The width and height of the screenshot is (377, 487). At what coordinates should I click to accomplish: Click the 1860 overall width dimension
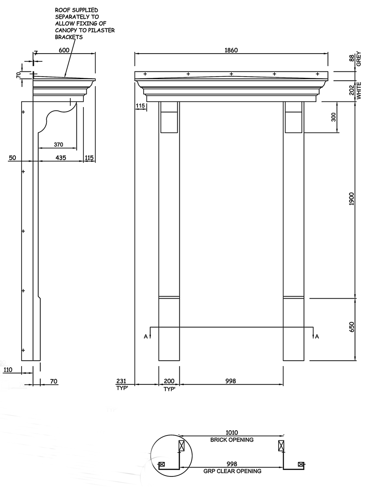[x=231, y=50]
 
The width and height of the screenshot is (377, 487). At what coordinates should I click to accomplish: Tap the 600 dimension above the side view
[x=64, y=50]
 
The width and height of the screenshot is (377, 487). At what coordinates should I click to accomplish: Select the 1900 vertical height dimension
[x=352, y=199]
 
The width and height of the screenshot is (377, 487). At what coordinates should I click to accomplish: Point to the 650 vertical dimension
[x=352, y=327]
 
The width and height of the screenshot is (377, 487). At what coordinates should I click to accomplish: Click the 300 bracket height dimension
[x=333, y=117]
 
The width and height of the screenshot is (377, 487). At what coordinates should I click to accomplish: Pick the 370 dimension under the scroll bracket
[x=59, y=144]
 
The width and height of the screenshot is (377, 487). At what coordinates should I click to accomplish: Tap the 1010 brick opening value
[x=231, y=433]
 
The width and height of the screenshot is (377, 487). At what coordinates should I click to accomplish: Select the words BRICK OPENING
[x=232, y=440]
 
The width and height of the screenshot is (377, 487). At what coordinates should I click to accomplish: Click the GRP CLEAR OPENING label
[x=232, y=471]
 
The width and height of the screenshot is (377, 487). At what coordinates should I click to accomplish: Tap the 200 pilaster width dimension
[x=169, y=381]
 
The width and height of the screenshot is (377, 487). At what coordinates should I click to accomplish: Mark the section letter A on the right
[x=317, y=336]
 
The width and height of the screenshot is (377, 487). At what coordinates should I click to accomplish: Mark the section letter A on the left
[x=146, y=336]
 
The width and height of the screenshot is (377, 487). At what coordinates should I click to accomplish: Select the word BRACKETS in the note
[x=69, y=37]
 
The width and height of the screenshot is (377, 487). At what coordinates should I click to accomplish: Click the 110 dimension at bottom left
[x=7, y=370]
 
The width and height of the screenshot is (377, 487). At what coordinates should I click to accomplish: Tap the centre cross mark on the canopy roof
[x=231, y=74]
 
